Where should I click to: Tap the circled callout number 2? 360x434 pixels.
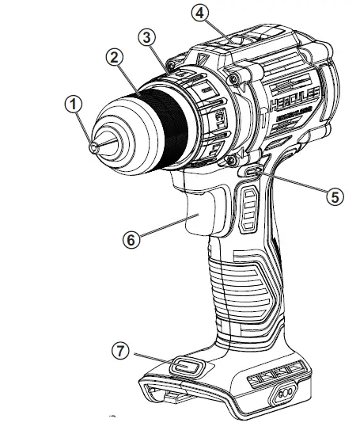[x=116, y=57]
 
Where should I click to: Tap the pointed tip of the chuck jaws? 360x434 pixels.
[x=96, y=146]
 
